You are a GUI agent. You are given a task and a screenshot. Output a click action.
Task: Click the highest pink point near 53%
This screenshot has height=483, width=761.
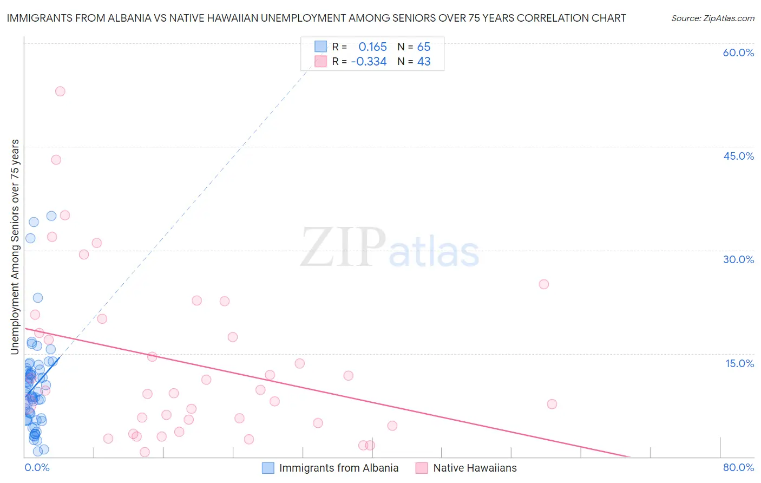click(60, 92)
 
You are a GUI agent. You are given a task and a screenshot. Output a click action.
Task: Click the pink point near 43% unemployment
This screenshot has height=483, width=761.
click(56, 160)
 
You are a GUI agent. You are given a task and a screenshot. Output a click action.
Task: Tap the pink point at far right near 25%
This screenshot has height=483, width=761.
click(544, 284)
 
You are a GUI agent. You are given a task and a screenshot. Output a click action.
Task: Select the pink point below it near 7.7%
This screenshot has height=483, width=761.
click(552, 404)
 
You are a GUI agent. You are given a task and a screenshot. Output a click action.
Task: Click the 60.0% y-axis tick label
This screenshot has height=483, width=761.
click(738, 53)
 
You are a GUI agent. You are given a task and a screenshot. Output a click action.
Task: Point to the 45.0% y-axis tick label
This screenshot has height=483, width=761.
click(738, 156)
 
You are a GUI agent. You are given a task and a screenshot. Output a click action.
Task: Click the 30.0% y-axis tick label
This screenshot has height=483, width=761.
click(738, 259)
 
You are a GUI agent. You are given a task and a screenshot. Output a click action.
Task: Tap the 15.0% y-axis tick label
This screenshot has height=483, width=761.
click(739, 363)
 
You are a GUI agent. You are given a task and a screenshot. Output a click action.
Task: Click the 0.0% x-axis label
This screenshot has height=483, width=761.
click(37, 467)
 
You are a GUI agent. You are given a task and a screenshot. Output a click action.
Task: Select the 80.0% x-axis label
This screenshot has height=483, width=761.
click(738, 467)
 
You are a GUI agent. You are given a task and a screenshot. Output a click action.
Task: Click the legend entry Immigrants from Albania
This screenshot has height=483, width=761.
click(338, 468)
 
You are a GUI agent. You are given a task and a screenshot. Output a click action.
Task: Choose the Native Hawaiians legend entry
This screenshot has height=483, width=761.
click(475, 468)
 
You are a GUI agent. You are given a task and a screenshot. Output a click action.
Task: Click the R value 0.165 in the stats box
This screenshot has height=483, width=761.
click(372, 47)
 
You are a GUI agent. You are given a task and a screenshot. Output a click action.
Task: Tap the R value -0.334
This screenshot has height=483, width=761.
click(369, 62)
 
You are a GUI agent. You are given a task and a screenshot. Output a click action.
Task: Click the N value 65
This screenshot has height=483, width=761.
click(424, 47)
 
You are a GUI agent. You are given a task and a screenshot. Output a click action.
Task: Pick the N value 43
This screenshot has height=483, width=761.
click(424, 62)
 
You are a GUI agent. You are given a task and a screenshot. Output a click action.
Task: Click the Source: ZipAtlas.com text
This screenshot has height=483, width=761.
click(712, 18)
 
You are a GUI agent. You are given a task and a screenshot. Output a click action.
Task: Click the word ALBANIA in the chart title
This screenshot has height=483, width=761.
click(130, 18)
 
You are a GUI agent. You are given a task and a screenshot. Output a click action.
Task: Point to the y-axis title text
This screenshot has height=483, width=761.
click(15, 246)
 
